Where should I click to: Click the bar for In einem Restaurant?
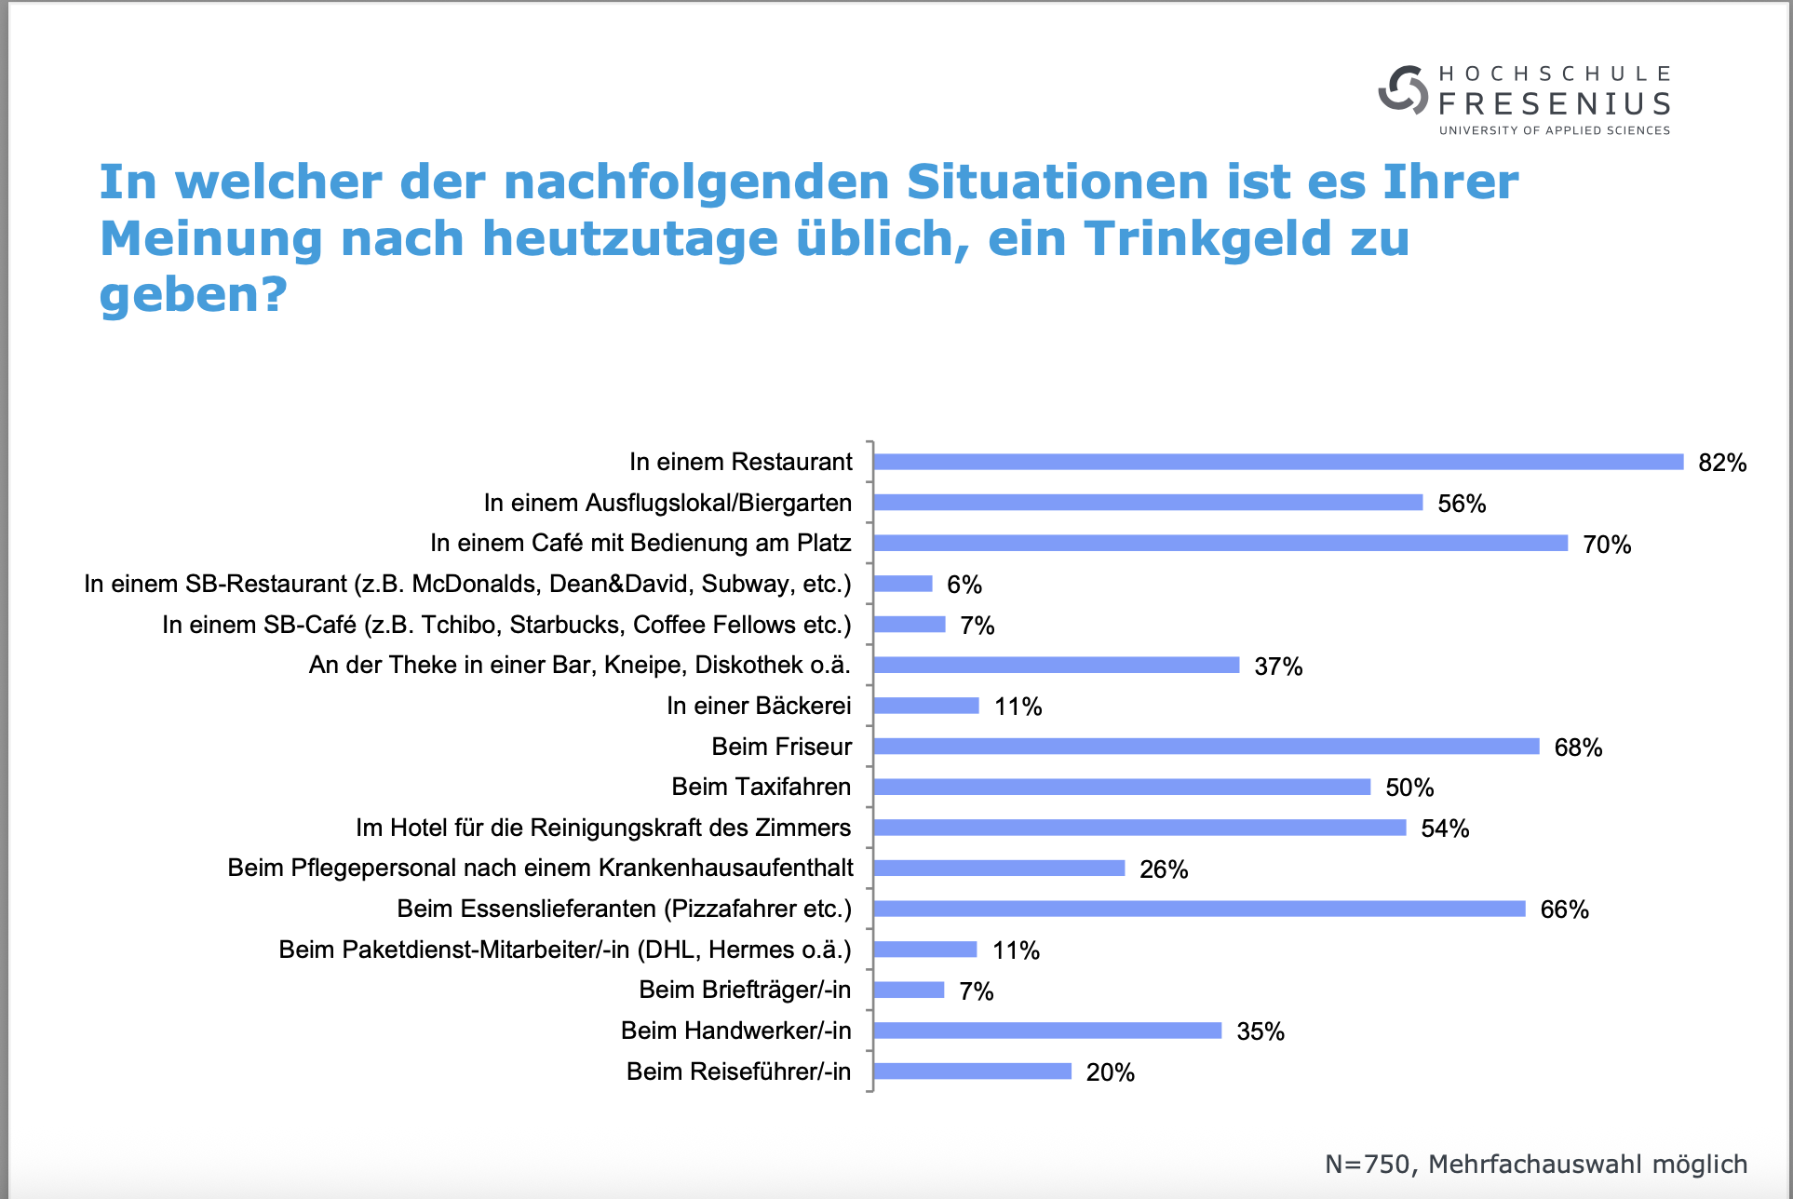point(1278,462)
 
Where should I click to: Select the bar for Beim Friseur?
point(1207,747)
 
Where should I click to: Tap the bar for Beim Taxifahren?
point(1122,787)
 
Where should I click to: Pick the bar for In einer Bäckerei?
point(926,706)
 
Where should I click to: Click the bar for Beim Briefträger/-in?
point(909,990)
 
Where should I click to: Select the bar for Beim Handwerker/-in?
point(1047,1031)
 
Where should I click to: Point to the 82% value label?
point(1722,463)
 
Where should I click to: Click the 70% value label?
point(1607,545)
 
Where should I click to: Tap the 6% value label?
point(964,585)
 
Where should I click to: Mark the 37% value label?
point(1278,667)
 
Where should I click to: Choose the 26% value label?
point(1164,869)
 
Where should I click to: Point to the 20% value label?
point(1111,1072)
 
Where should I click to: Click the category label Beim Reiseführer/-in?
point(739,1071)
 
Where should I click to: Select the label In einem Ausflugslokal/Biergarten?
point(667,503)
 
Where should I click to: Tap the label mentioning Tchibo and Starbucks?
point(506,625)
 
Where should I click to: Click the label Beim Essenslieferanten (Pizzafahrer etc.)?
point(625,909)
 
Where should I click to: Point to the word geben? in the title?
point(194,296)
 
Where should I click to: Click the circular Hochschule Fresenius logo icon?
point(1403,90)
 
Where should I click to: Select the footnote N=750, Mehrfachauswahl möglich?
point(1536,1164)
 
